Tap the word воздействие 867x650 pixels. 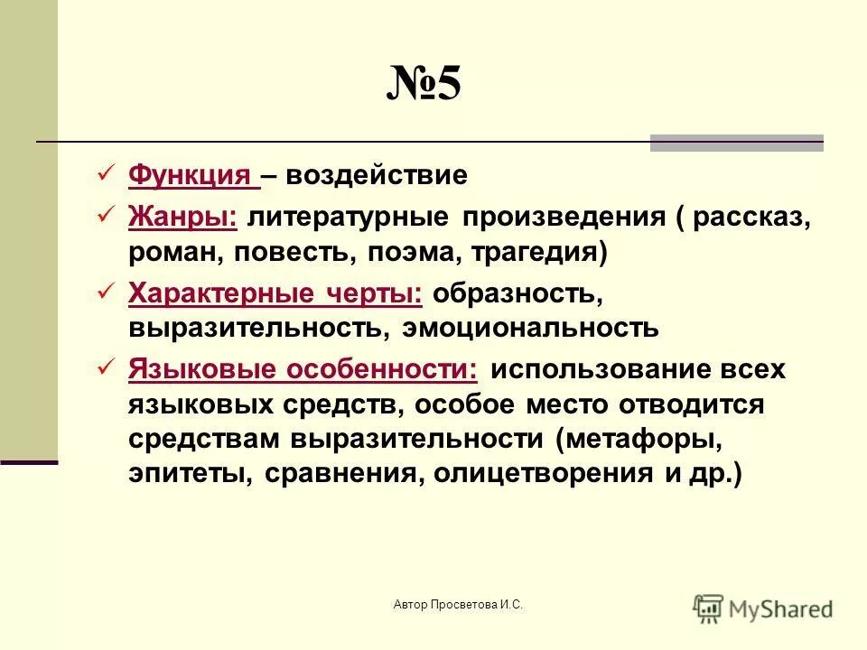pos(377,175)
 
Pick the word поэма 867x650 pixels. pos(413,252)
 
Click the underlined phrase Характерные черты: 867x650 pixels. pos(275,293)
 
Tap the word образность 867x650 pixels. pos(512,293)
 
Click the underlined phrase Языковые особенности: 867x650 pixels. pos(303,369)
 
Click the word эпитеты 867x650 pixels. pos(190,474)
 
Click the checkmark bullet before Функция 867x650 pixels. pos(104,172)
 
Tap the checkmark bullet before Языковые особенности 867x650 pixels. pos(104,367)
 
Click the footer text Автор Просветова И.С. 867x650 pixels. pos(459,605)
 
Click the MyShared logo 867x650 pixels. pos(763,608)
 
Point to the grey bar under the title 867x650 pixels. pos(736,142)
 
